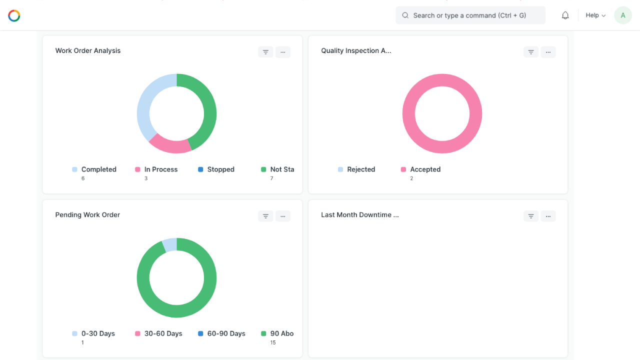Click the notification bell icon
(x=565, y=15)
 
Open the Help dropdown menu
(x=595, y=15)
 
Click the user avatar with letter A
(x=623, y=15)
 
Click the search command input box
(x=470, y=15)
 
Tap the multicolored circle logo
(x=14, y=15)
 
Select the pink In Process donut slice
(x=170, y=145)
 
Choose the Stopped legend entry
(x=216, y=169)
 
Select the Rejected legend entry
(x=356, y=169)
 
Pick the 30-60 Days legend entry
(x=158, y=333)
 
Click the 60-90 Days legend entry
(x=221, y=333)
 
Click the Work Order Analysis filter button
(x=265, y=52)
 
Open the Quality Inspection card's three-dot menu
(x=548, y=52)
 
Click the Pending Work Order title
(x=87, y=214)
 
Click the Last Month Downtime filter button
(x=531, y=216)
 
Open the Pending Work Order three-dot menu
(x=283, y=216)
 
